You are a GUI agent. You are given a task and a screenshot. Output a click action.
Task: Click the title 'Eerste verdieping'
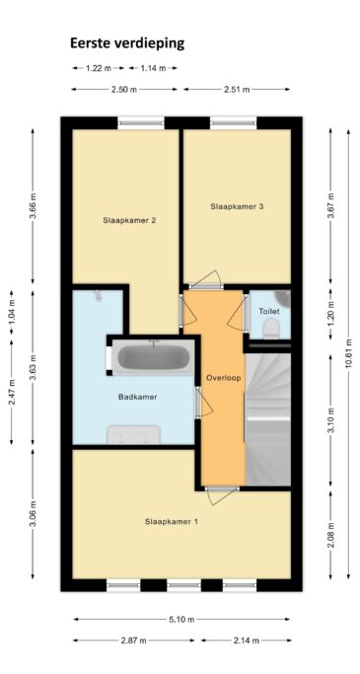(x=127, y=43)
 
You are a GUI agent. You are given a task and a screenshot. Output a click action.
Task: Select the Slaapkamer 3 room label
(x=237, y=206)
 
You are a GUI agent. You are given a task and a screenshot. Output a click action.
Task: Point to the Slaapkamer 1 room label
(x=172, y=522)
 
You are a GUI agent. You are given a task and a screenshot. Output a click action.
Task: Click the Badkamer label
(x=137, y=397)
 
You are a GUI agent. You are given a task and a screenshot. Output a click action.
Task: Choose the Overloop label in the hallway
(x=223, y=378)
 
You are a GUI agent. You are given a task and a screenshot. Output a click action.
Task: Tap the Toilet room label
(x=269, y=311)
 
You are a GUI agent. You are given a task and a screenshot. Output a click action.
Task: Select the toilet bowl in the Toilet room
(x=271, y=329)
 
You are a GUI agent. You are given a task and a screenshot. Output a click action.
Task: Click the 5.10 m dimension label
(x=182, y=620)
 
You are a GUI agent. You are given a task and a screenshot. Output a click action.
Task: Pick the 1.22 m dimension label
(x=99, y=68)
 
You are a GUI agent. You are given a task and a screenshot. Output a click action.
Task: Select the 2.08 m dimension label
(x=330, y=535)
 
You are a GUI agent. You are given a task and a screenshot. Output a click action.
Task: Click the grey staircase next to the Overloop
(x=268, y=419)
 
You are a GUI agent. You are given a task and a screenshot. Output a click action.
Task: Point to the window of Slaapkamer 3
(x=234, y=123)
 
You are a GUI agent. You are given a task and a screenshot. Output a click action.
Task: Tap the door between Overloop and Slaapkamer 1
(x=222, y=495)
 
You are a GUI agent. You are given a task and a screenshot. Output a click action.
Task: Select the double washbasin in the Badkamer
(x=133, y=434)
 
